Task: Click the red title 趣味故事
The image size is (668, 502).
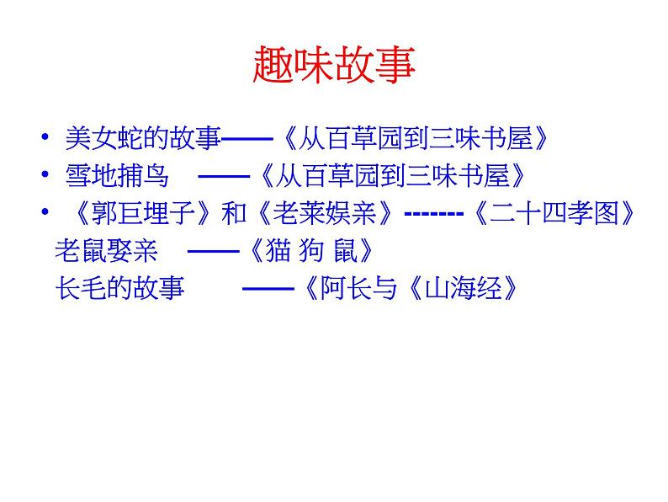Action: tap(334, 67)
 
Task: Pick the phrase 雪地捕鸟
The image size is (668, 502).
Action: tap(117, 175)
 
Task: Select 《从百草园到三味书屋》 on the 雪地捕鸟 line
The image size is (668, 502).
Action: tap(392, 175)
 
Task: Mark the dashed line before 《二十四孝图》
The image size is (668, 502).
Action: tap(432, 214)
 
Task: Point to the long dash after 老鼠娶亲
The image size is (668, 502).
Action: tap(205, 251)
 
